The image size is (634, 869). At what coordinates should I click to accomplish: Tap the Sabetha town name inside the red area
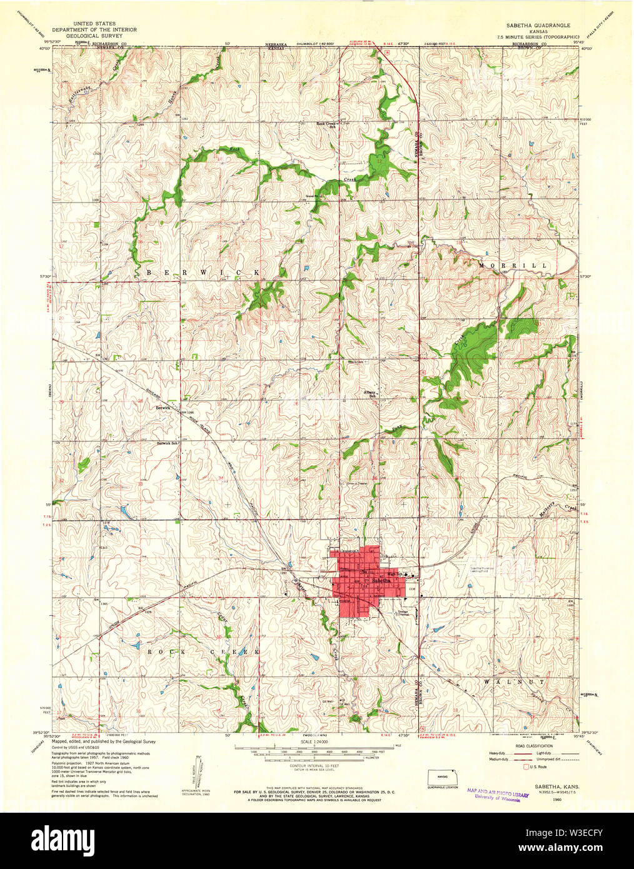pyautogui.click(x=381, y=581)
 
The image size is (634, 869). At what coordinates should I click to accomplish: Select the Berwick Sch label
pyautogui.click(x=168, y=443)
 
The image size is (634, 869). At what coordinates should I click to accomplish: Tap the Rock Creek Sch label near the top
pyautogui.click(x=326, y=124)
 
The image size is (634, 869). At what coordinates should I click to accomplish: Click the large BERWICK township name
pyautogui.click(x=203, y=272)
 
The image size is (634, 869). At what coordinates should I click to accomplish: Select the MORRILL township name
pyautogui.click(x=513, y=266)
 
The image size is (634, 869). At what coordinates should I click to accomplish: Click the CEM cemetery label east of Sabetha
pyautogui.click(x=411, y=588)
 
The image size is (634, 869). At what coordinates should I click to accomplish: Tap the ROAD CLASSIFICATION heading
pyautogui.click(x=535, y=746)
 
